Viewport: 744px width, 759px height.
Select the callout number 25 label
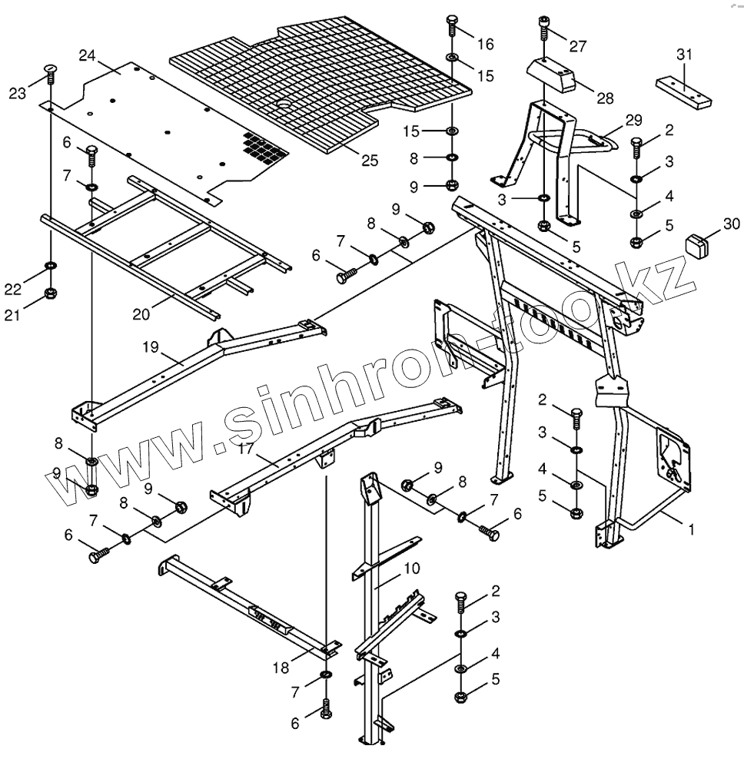[370, 161]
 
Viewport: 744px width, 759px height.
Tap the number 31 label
[684, 55]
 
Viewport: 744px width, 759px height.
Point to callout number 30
[731, 224]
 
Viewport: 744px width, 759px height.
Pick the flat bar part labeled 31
[683, 91]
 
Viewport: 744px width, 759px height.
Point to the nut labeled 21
[51, 293]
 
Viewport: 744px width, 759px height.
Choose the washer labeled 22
[51, 267]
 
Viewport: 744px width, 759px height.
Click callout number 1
[691, 529]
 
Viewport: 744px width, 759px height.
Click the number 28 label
[605, 98]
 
